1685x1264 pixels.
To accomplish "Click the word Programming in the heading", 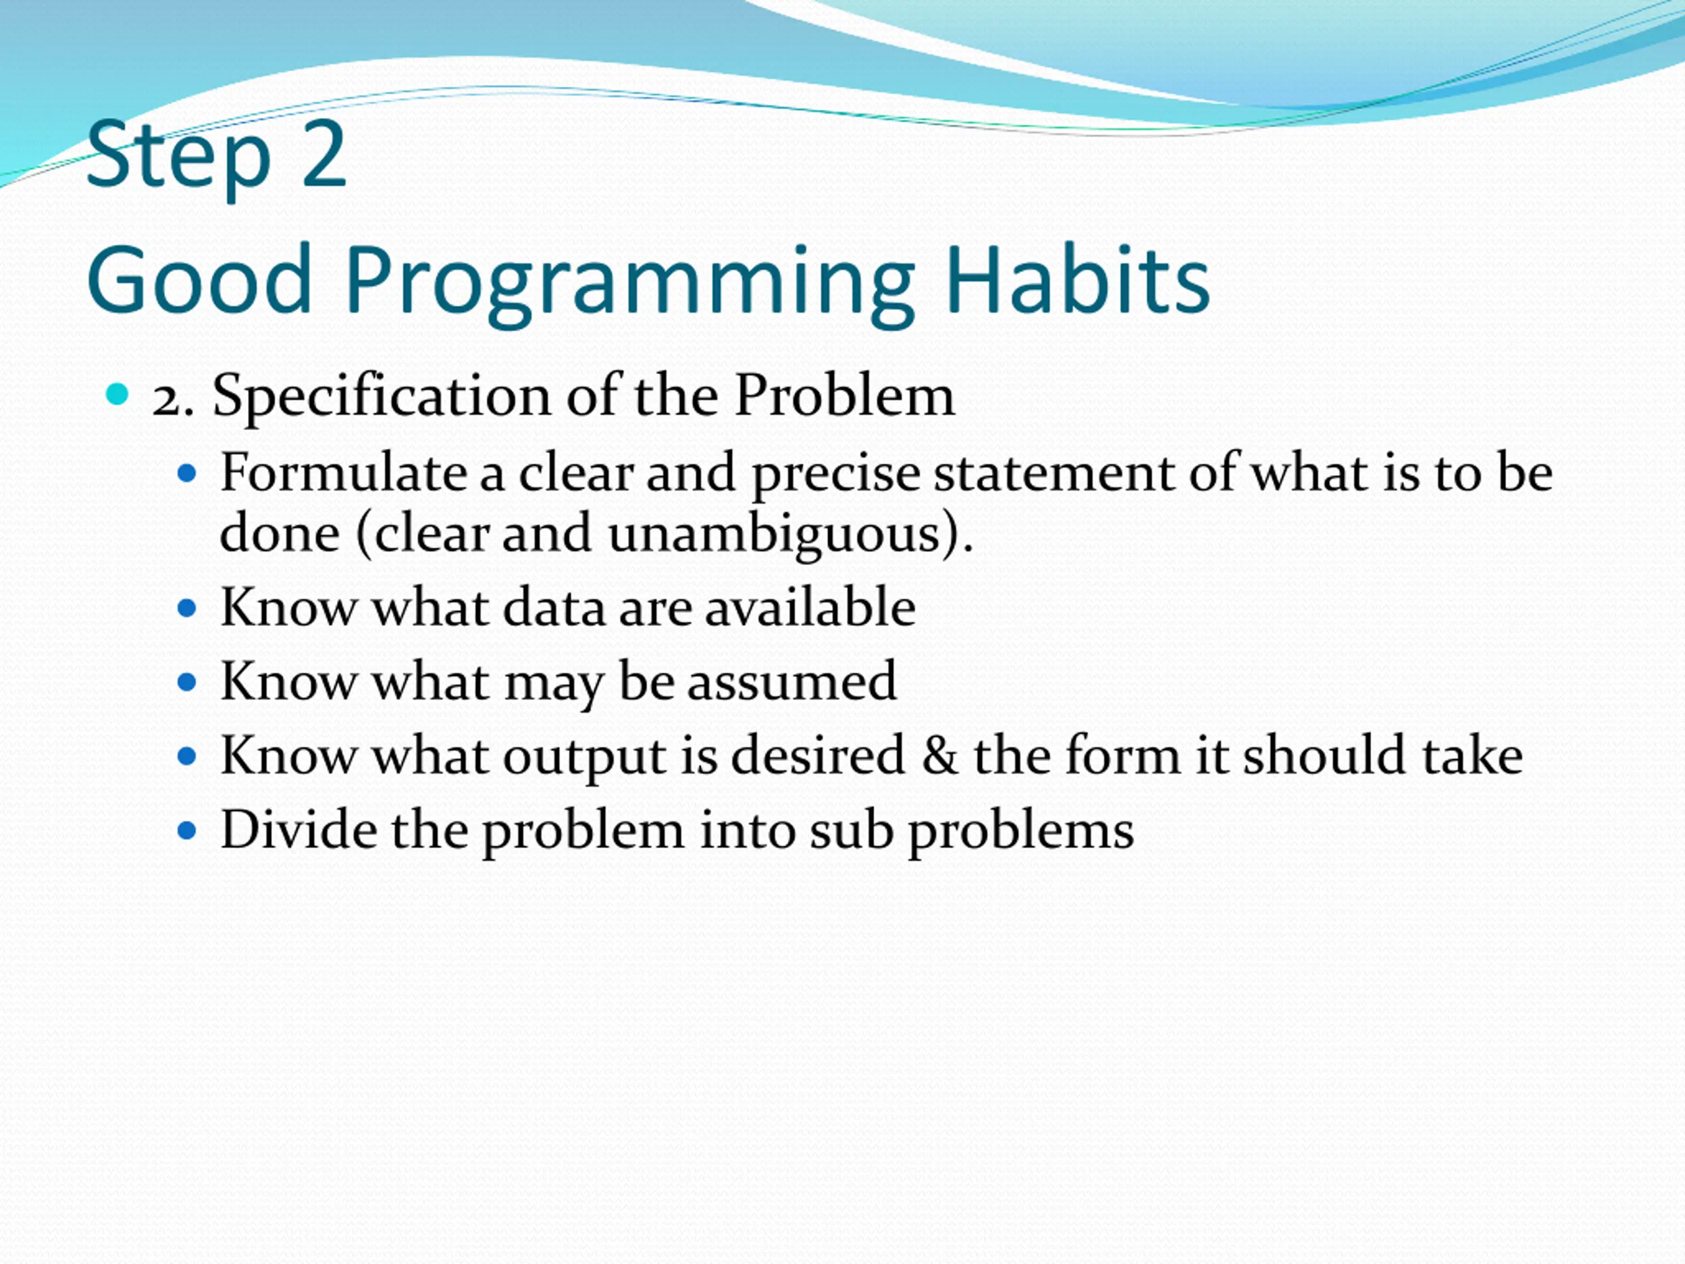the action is click(629, 286).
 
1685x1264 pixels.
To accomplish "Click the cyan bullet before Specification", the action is click(117, 394).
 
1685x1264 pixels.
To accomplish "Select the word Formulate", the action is click(343, 473).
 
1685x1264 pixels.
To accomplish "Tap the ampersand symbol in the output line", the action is click(939, 755).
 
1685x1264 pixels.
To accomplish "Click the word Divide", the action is click(298, 829).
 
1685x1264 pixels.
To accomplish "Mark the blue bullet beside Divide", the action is click(187, 829).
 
